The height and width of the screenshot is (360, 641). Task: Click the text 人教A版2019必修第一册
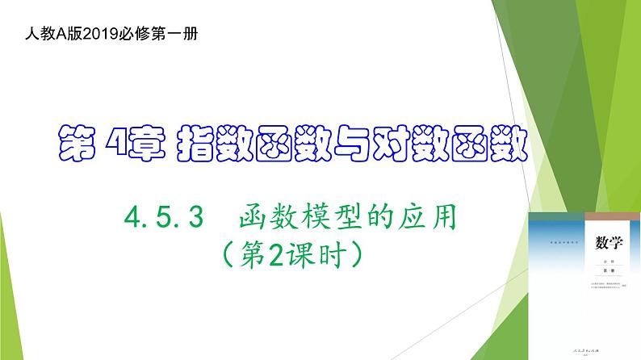click(111, 36)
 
